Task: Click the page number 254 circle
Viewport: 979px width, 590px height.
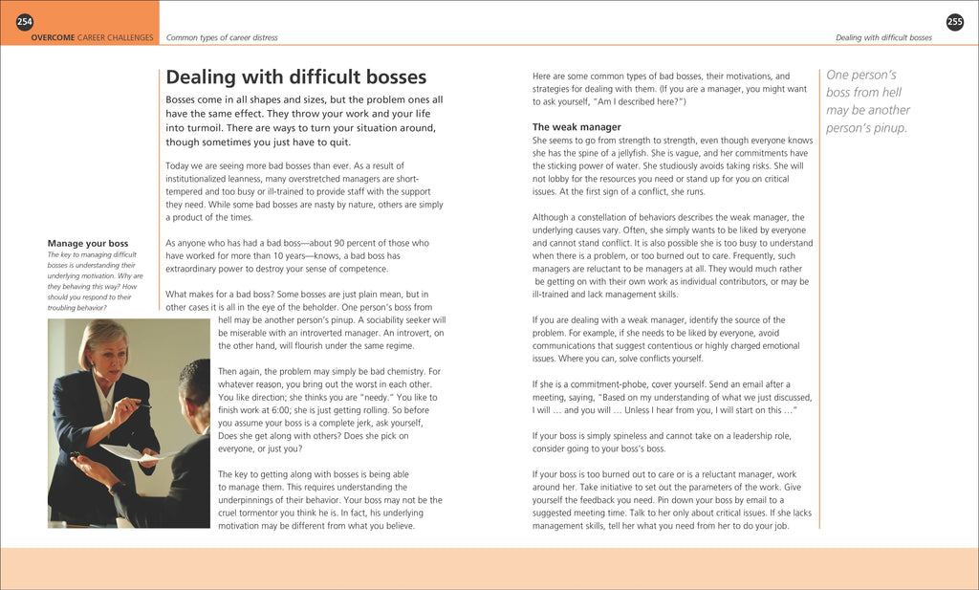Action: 24,22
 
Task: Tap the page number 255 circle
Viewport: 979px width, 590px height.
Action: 954,22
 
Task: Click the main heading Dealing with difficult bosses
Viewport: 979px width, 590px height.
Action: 296,77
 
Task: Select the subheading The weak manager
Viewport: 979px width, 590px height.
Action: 577,127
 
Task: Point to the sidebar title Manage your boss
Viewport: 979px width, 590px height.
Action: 88,243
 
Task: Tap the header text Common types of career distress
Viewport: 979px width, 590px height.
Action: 222,38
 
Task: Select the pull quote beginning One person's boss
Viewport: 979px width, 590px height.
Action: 868,101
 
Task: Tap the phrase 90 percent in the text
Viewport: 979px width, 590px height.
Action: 342,243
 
